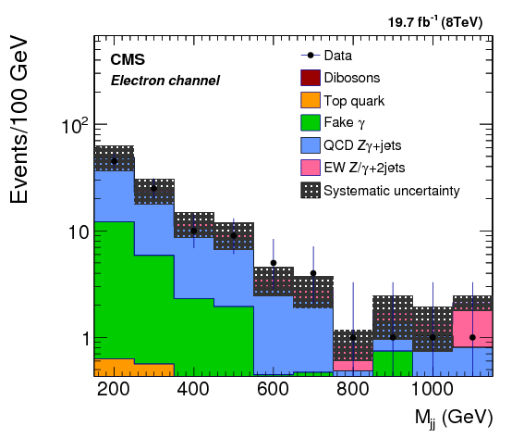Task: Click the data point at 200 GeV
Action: coord(114,161)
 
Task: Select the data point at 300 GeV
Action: coord(153,188)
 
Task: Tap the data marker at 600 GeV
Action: coord(274,263)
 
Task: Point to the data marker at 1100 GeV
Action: coord(472,337)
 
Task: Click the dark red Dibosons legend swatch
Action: coord(310,78)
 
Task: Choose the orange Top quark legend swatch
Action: coord(310,100)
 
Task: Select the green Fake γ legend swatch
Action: coord(310,122)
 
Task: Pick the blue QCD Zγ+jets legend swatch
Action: coord(310,144)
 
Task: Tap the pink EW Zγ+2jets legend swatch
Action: coord(310,167)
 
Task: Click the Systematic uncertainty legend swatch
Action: coord(310,190)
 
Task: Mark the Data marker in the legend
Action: coord(310,56)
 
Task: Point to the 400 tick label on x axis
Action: coord(193,389)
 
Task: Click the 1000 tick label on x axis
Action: coord(432,389)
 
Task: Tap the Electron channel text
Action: coord(165,81)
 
